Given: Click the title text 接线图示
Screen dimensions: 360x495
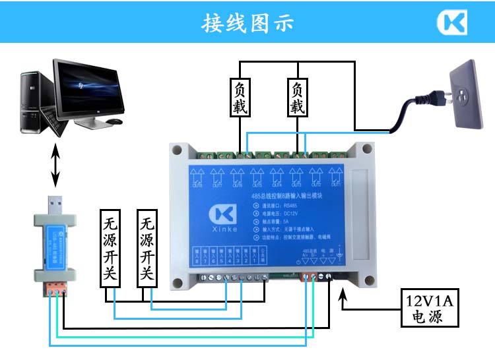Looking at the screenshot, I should pyautogui.click(x=247, y=23).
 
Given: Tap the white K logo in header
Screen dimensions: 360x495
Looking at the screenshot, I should pyautogui.click(x=452, y=23).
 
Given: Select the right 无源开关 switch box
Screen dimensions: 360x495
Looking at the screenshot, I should pyautogui.click(x=148, y=249).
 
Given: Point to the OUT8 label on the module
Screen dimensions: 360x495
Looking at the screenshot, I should pyautogui.click(x=197, y=185).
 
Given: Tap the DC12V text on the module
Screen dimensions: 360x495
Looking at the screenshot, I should pyautogui.click(x=291, y=214).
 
